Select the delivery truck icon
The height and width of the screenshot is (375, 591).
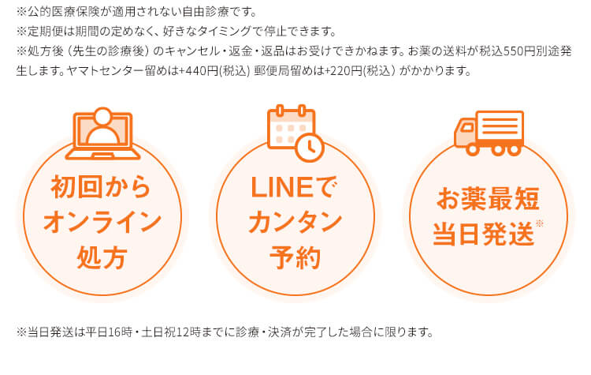coord(489,132)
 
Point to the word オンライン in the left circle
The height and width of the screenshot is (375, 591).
coord(102,222)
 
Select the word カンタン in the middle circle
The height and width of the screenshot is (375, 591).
coord(294,222)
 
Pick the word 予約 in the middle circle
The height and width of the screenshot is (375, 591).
coord(294,257)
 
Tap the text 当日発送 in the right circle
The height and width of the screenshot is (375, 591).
coord(483,234)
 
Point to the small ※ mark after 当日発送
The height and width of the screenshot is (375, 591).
coord(540,223)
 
